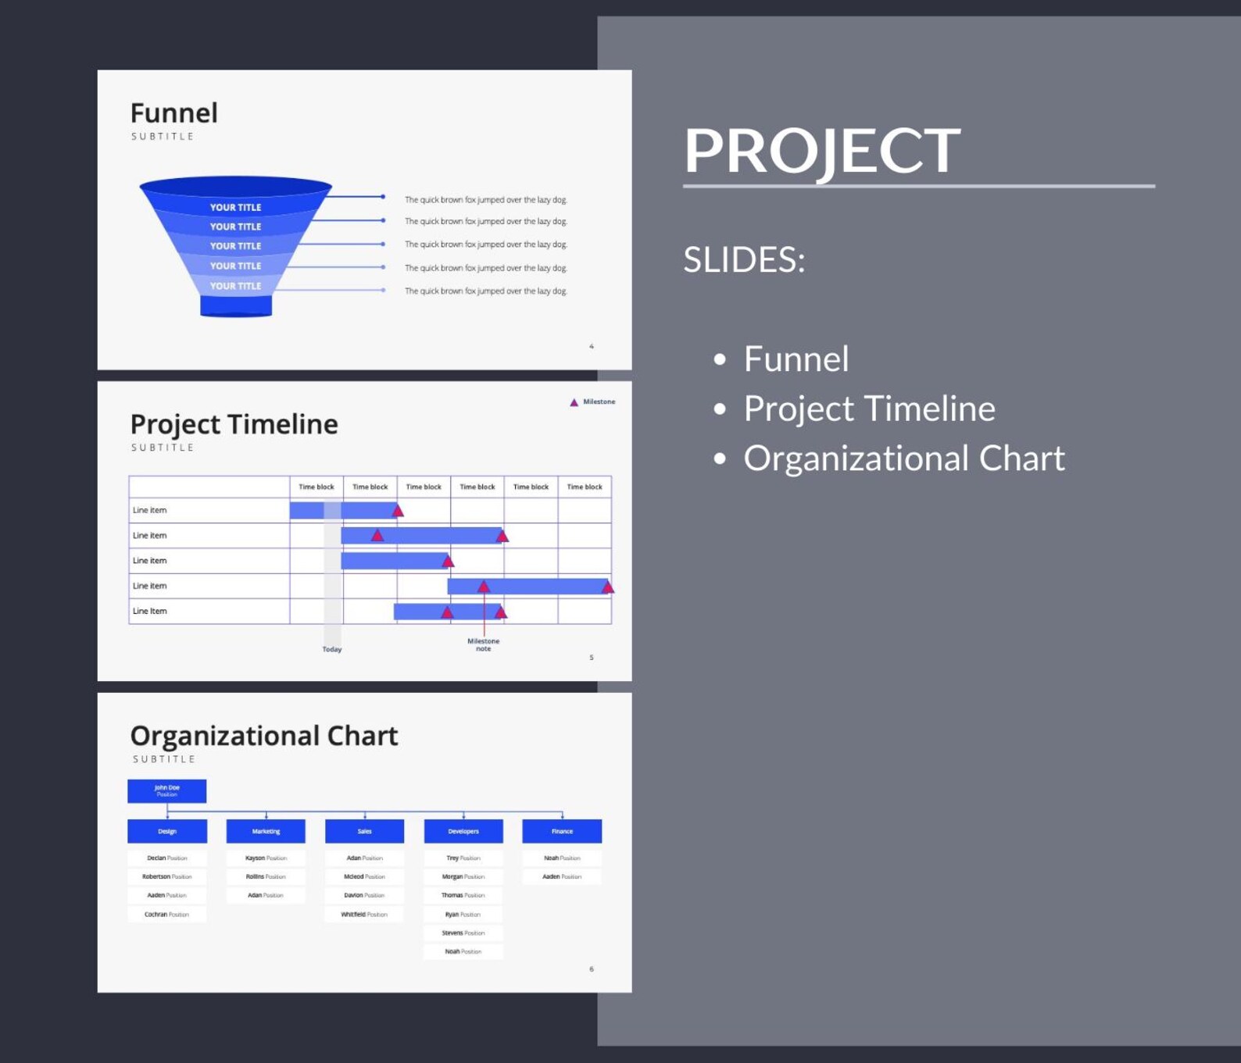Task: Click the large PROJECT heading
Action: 822,150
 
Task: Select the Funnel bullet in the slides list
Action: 796,359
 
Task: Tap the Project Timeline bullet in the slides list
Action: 869,408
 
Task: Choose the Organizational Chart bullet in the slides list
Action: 903,458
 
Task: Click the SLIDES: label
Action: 744,259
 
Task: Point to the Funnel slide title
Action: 173,113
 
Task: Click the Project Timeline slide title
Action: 234,424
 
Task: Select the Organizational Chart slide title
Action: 263,736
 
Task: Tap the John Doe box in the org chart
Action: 166,790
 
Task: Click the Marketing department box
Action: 266,831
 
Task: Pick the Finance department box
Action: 562,831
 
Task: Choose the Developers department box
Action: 463,831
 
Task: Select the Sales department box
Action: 364,831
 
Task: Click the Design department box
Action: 167,831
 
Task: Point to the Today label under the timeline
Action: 332,649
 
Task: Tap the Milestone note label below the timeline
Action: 483,644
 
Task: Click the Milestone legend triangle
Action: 574,402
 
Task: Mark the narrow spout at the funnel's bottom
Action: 236,305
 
